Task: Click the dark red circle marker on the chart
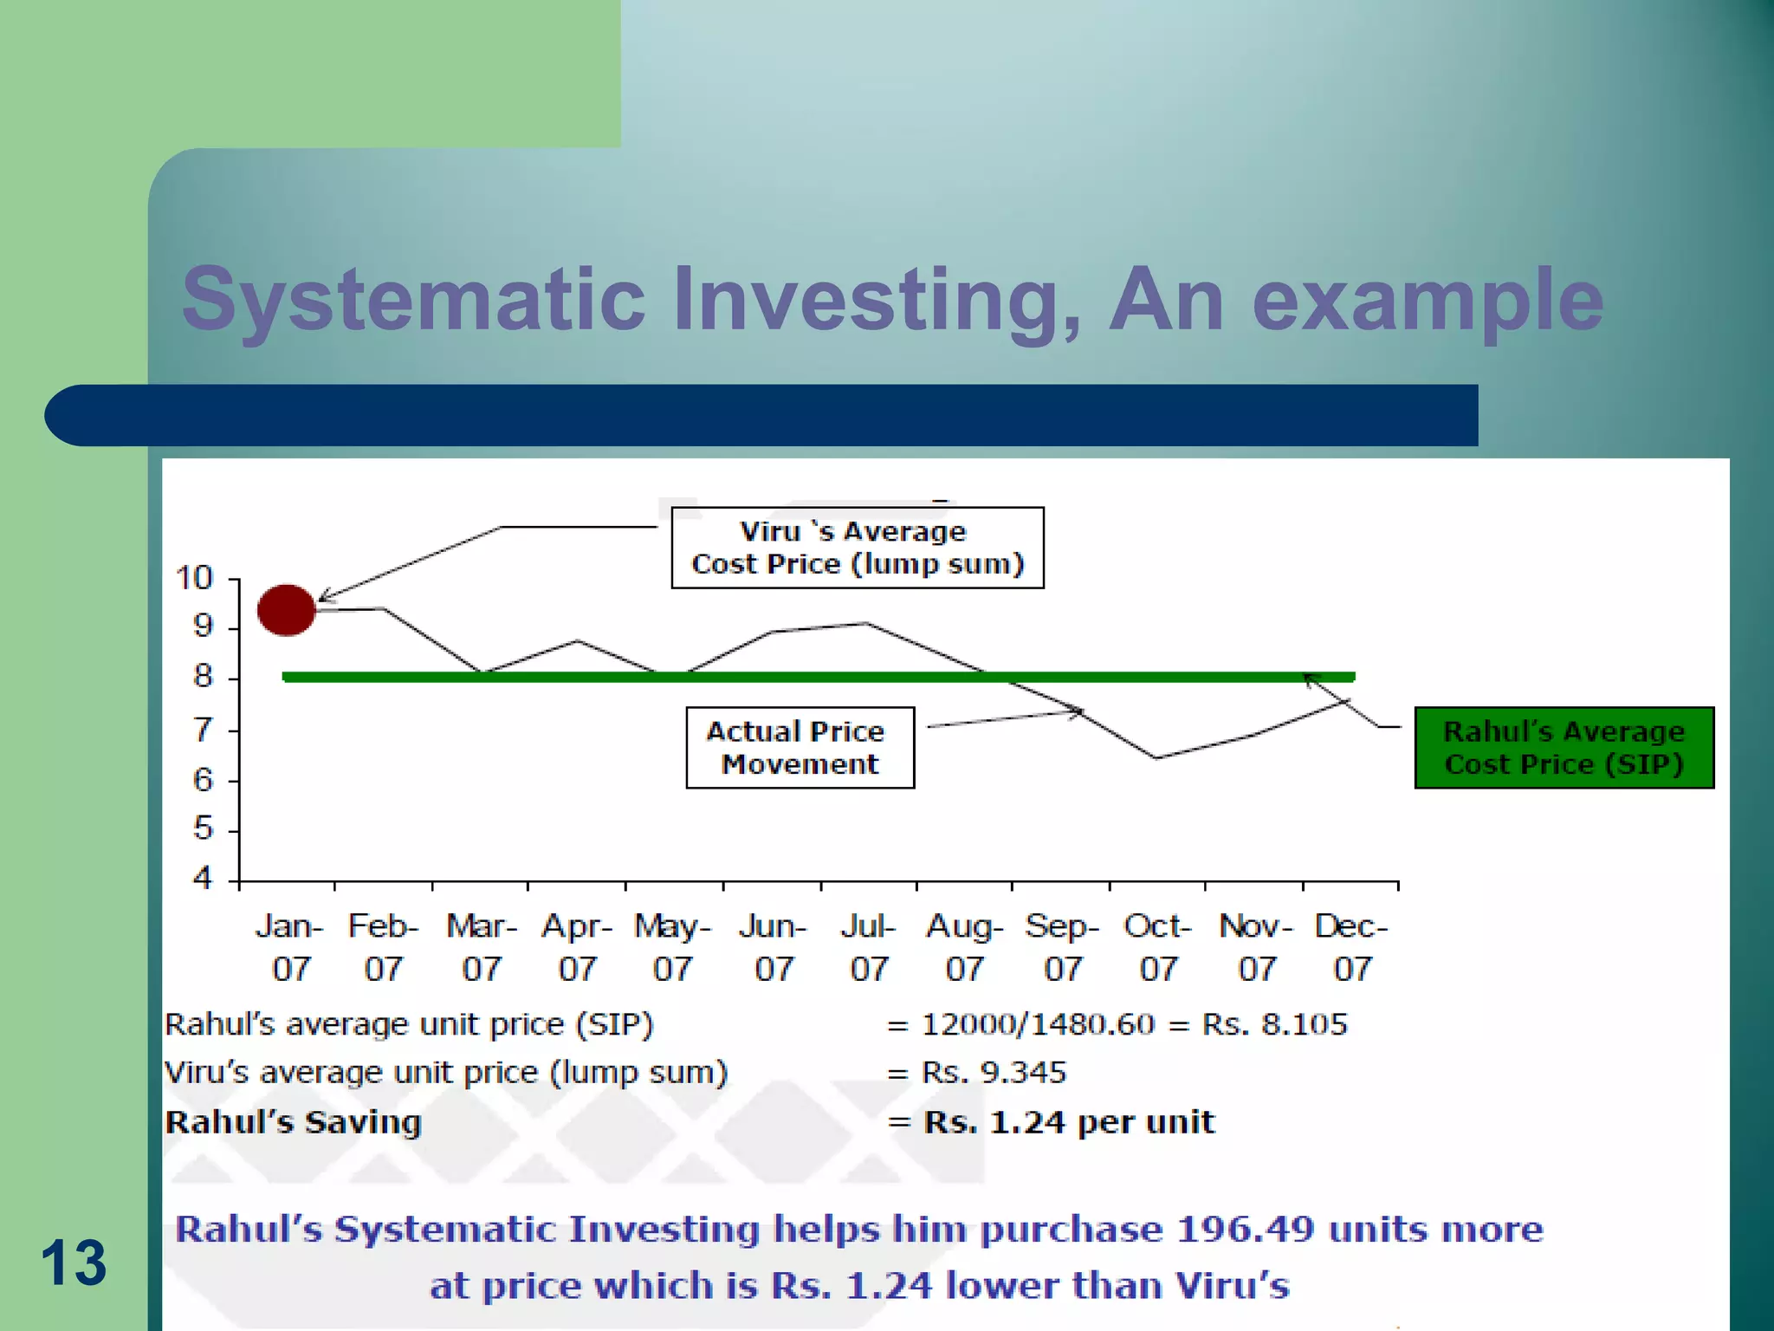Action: [287, 610]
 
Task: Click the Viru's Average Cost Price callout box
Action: [858, 548]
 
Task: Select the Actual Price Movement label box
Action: [800, 748]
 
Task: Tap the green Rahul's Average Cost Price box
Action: [1564, 748]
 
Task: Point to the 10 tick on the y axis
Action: [195, 578]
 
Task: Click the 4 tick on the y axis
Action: [203, 879]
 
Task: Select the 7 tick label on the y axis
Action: [203, 730]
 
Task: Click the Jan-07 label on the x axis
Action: [290, 947]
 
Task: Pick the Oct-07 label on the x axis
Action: [1158, 947]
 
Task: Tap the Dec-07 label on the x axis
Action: [1351, 947]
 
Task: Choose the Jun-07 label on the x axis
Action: [773, 947]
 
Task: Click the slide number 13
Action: [74, 1263]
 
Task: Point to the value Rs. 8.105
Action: [1274, 1024]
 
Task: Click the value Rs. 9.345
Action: [994, 1073]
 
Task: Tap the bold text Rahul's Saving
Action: [294, 1122]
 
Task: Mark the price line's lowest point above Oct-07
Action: [1157, 758]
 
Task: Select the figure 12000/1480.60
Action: [1038, 1024]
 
